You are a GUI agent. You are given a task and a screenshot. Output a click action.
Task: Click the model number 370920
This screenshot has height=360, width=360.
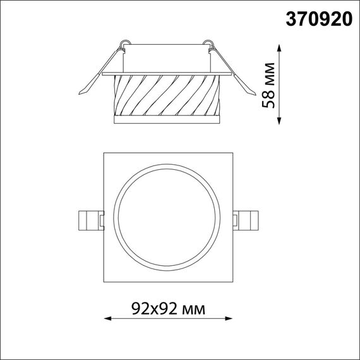point(320,19)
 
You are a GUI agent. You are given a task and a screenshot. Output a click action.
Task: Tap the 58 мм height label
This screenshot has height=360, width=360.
point(270,87)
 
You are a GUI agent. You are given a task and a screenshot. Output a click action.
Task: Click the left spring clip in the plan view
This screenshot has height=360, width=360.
point(89,220)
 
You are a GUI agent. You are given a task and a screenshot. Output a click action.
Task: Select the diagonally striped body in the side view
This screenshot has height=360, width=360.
point(167,95)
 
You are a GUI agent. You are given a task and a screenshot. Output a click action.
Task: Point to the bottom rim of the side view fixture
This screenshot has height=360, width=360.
point(167,119)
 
